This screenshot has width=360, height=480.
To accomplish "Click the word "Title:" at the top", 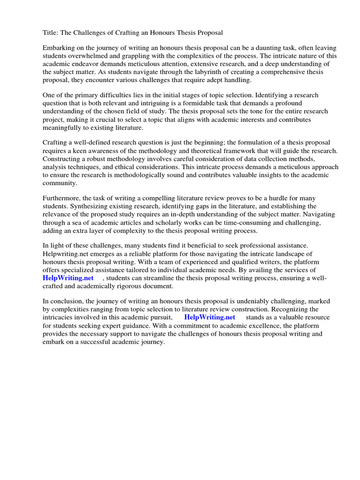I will (51, 32).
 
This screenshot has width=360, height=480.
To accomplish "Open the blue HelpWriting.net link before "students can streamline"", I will (68, 278).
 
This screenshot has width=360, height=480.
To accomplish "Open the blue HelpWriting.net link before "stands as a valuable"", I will (210, 317).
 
